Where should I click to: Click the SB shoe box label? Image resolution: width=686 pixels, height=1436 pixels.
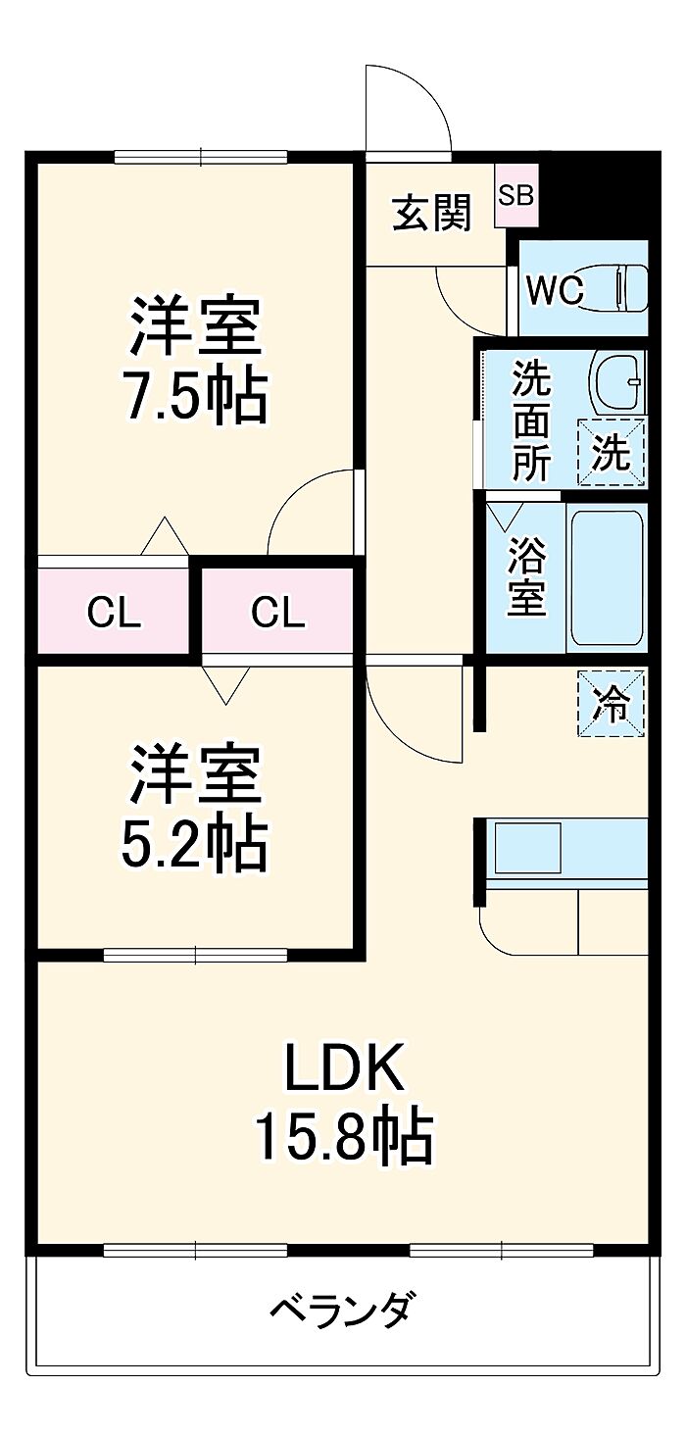pyautogui.click(x=516, y=195)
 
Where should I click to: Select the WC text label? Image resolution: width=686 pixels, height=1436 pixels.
pyautogui.click(x=556, y=290)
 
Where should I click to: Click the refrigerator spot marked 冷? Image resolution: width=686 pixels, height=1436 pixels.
pyautogui.click(x=611, y=703)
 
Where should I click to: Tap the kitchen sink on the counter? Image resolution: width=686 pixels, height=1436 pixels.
pyautogui.click(x=527, y=847)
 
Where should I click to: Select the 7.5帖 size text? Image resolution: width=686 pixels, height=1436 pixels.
pyautogui.click(x=197, y=397)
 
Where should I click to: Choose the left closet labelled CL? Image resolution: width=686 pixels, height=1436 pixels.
pyautogui.click(x=114, y=613)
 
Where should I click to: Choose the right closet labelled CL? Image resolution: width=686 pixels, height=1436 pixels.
pyautogui.click(x=277, y=613)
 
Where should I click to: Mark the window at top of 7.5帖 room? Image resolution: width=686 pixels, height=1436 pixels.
pyautogui.click(x=201, y=157)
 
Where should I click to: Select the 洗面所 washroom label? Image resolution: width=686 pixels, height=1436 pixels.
pyautogui.click(x=531, y=421)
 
